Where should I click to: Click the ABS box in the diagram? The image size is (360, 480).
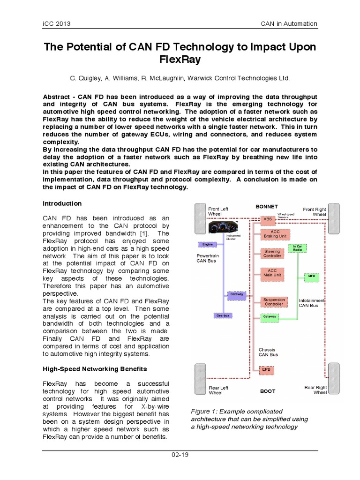(268, 219)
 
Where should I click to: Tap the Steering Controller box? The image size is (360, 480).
(272, 254)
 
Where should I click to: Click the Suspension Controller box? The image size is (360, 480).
(274, 302)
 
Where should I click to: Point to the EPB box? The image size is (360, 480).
(266, 369)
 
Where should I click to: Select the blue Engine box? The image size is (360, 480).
(207, 244)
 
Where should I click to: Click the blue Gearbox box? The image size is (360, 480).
(223, 315)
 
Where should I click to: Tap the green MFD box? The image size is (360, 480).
(311, 277)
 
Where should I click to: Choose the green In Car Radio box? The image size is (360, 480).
(297, 248)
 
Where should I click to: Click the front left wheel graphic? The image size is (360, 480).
(200, 218)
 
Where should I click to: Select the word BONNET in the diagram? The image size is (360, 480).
(266, 206)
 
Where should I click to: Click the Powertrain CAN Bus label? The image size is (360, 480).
(206, 258)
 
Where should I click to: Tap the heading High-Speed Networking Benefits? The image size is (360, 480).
(95, 369)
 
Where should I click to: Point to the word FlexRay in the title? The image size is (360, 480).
(180, 60)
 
